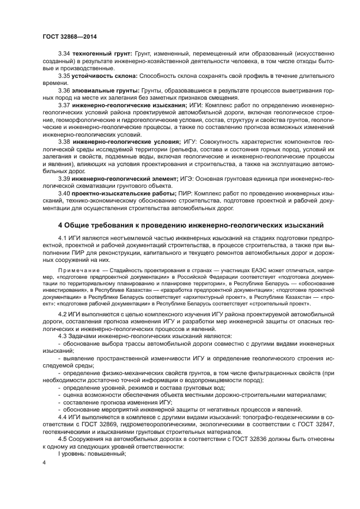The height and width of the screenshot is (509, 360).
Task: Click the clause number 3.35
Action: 65,76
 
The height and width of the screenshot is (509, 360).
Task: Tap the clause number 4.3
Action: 64,336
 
